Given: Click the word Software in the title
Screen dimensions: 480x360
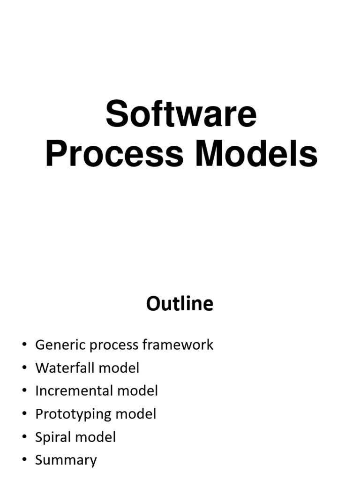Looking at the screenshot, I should click(x=181, y=115).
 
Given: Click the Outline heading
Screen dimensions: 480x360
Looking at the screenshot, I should click(x=180, y=304).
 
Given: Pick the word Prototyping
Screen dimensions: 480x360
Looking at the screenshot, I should click(x=74, y=414).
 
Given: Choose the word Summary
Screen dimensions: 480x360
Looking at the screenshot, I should click(x=66, y=460).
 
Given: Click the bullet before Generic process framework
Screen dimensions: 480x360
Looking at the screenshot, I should click(x=24, y=345).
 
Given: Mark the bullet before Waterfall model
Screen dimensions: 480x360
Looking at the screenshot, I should click(x=24, y=368).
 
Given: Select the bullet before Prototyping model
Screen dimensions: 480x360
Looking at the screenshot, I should click(x=24, y=414).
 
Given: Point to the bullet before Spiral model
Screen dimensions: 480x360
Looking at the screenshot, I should click(x=24, y=437).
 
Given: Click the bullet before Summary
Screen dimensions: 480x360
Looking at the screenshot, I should click(x=24, y=460).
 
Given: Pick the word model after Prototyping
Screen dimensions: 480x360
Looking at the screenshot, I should click(x=135, y=414).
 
